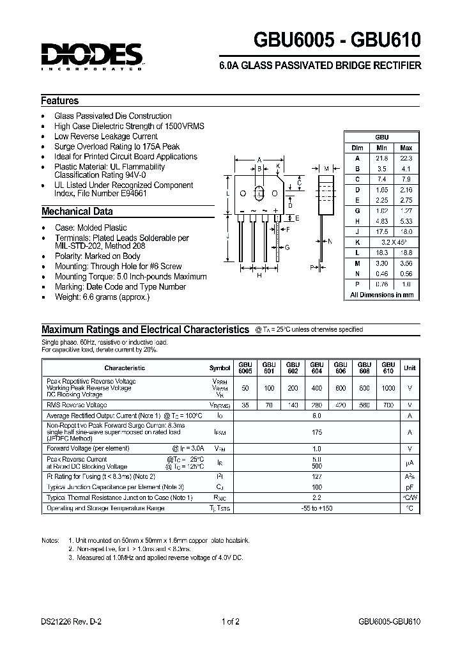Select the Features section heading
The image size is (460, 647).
[x=60, y=101]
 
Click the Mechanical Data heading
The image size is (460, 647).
[x=77, y=212]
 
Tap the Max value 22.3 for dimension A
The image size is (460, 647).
[x=406, y=158]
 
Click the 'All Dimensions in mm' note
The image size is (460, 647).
[x=382, y=295]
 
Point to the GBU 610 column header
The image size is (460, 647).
[x=388, y=368]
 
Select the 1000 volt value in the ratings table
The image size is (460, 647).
[x=388, y=389]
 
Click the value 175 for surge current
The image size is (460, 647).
[x=316, y=432]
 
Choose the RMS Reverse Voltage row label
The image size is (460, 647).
[x=77, y=405]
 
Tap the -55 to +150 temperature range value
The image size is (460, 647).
[x=316, y=508]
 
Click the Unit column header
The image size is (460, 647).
[x=410, y=368]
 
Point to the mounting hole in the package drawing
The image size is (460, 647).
[x=260, y=194]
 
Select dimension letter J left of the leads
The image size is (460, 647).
[x=228, y=236]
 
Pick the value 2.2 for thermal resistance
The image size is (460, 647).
[x=316, y=497]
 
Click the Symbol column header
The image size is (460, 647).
[x=219, y=368]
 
